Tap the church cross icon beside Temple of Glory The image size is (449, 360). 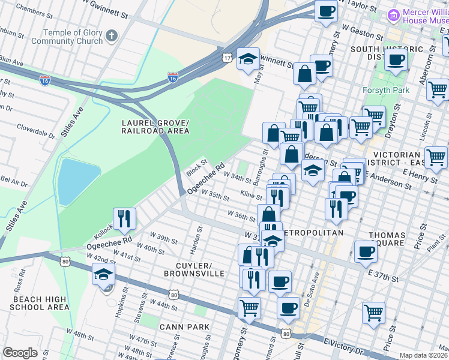tap(111, 37)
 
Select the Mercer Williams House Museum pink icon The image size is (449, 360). tap(394, 14)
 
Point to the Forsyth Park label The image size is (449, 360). tap(386, 90)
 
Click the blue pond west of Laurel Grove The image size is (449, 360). tap(78, 181)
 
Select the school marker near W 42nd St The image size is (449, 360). tap(103, 275)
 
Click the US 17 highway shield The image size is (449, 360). tap(226, 56)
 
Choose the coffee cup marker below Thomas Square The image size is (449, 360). tap(365, 252)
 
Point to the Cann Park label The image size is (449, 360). tap(185, 327)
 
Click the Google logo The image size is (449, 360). tap(20, 352)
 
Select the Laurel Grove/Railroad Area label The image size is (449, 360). tap(155, 127)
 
